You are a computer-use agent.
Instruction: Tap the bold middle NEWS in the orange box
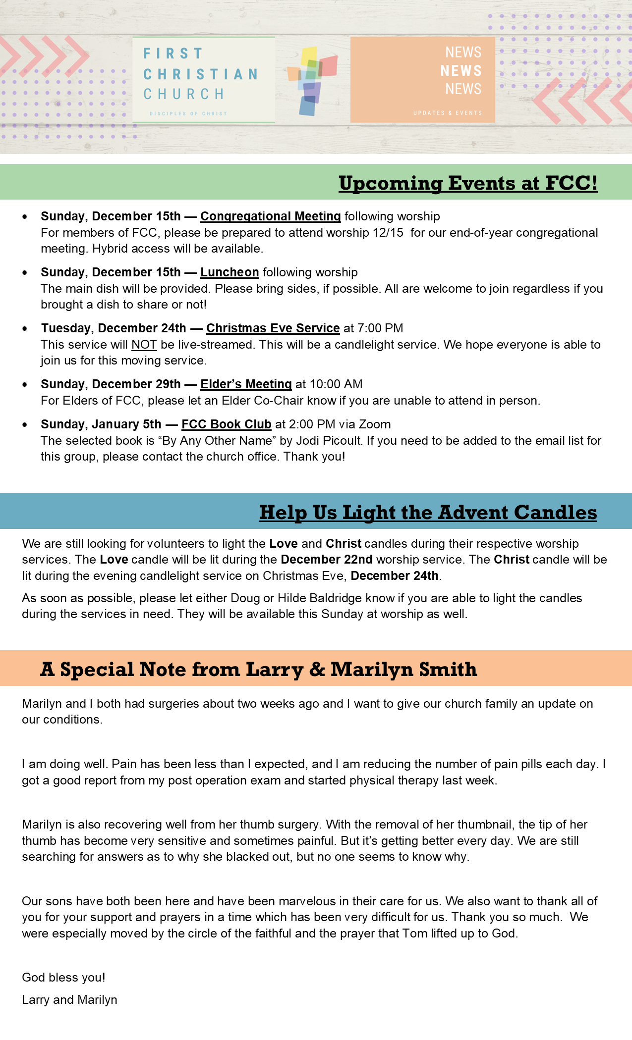coord(461,71)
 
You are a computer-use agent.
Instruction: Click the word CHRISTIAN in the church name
coord(201,74)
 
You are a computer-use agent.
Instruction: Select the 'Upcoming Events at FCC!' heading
coord(468,183)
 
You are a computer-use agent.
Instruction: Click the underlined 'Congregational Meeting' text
coord(270,216)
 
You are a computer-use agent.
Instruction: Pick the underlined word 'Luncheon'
coord(230,272)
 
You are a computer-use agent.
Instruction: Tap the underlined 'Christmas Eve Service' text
coord(273,328)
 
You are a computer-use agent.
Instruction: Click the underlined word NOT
coord(144,345)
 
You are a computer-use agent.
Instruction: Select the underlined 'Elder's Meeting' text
coord(246,384)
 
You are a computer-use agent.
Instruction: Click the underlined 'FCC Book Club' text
coord(227,424)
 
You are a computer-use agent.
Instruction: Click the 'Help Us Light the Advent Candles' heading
coord(428,513)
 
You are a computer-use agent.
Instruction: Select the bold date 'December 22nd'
coord(326,560)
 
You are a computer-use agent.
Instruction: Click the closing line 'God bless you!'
coord(63,978)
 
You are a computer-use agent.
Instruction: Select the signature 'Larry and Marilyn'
coord(69,1000)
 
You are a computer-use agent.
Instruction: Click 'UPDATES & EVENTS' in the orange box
coord(448,113)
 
